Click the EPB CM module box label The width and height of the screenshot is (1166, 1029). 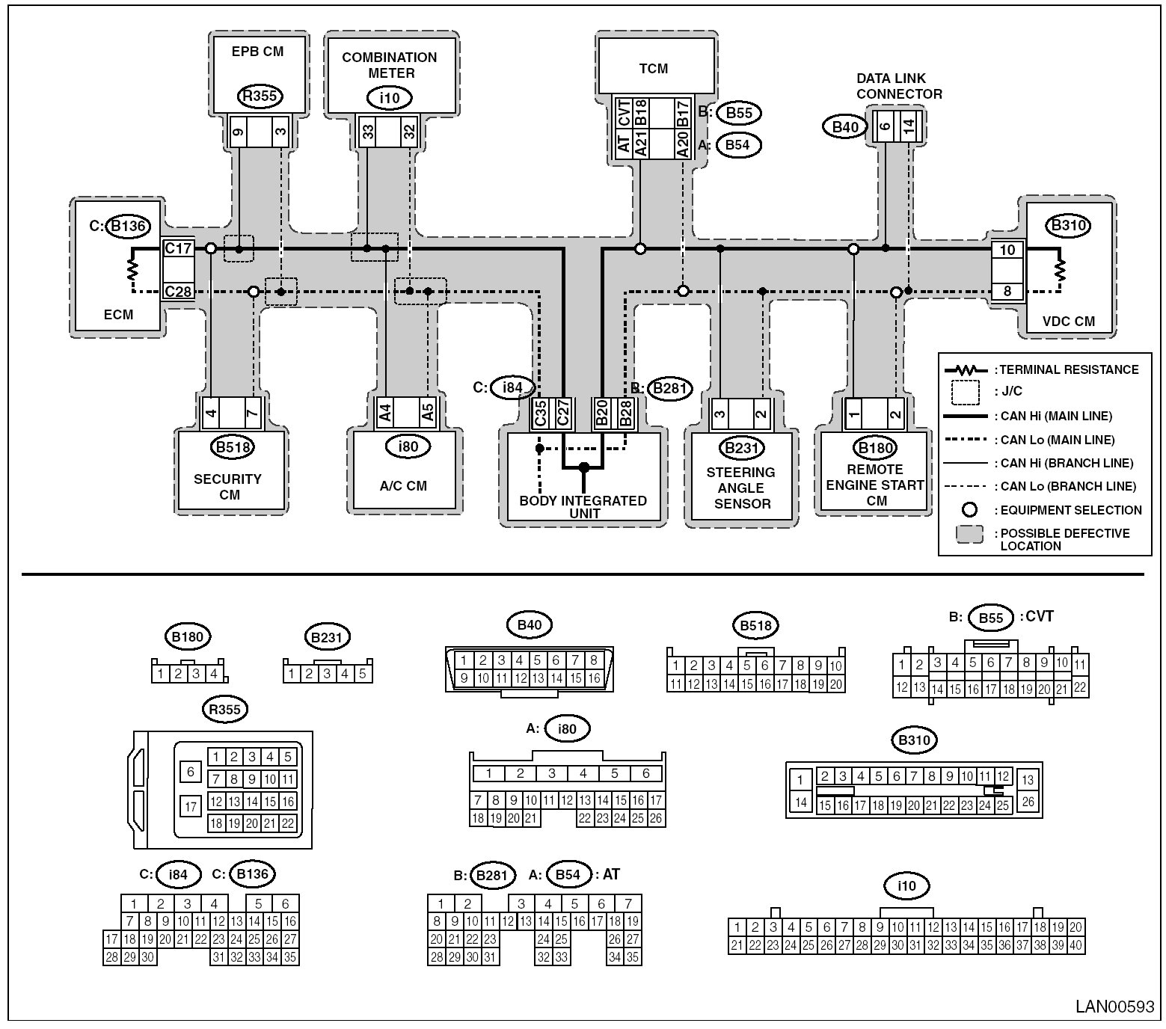click(x=257, y=52)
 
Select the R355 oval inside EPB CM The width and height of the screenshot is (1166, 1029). click(x=260, y=96)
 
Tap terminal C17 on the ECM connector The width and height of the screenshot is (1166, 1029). click(x=179, y=248)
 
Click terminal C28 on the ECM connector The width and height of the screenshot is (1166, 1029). click(x=179, y=291)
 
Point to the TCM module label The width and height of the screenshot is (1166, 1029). click(x=653, y=69)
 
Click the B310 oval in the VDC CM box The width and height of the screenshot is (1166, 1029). click(x=1069, y=225)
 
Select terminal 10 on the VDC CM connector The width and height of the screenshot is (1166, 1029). click(x=1007, y=250)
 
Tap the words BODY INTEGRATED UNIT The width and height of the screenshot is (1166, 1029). click(x=583, y=506)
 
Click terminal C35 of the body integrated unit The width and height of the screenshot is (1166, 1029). click(x=540, y=414)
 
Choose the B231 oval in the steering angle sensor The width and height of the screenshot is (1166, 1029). click(x=741, y=448)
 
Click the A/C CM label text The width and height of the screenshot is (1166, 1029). click(x=403, y=485)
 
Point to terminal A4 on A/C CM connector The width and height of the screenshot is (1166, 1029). click(x=385, y=412)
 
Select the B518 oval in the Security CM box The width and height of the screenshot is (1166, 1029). click(x=233, y=447)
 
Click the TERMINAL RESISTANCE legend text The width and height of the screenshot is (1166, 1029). click(x=1069, y=369)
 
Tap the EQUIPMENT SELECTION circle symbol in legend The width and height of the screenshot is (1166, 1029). click(x=969, y=510)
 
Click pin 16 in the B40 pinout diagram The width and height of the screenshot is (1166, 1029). click(x=594, y=678)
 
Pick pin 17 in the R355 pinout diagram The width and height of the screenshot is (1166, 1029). click(x=191, y=806)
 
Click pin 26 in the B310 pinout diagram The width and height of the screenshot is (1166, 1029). click(x=1028, y=802)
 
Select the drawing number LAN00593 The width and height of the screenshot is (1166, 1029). click(x=1114, y=1006)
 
